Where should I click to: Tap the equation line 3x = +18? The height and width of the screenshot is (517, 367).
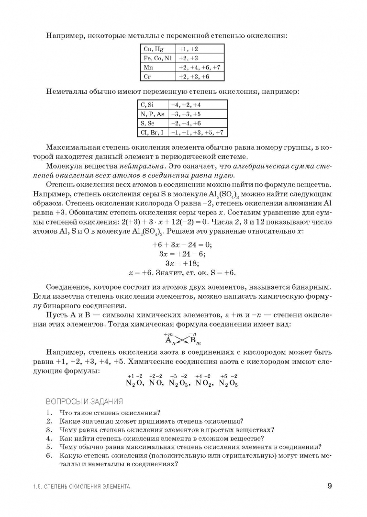(x=182, y=263)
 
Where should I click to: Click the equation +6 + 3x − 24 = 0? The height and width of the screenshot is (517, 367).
(x=182, y=244)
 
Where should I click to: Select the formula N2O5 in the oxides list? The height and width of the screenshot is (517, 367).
(x=228, y=383)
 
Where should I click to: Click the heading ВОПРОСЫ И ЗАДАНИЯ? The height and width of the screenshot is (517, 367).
(x=84, y=401)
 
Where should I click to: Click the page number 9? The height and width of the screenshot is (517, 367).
(x=329, y=486)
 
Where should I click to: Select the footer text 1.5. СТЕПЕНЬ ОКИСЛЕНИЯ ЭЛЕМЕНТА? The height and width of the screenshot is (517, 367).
(x=78, y=487)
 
